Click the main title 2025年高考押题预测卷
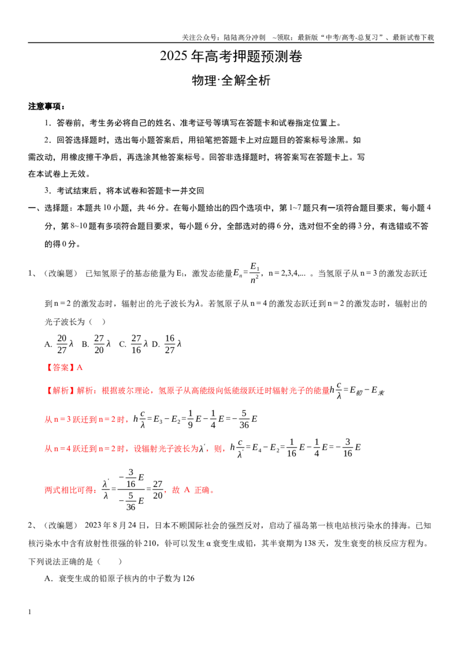pyautogui.click(x=230, y=56)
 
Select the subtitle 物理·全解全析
pyautogui.click(x=230, y=80)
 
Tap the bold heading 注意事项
pyautogui.click(x=46, y=106)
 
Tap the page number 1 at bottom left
pyautogui.click(x=29, y=612)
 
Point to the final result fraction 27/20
pyautogui.click(x=158, y=490)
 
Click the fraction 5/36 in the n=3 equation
pyautogui.click(x=244, y=419)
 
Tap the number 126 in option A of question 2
pyautogui.click(x=188, y=578)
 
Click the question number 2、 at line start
pyautogui.click(x=32, y=526)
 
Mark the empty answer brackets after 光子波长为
pyautogui.click(x=98, y=322)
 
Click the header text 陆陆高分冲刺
pyautogui.click(x=244, y=38)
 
